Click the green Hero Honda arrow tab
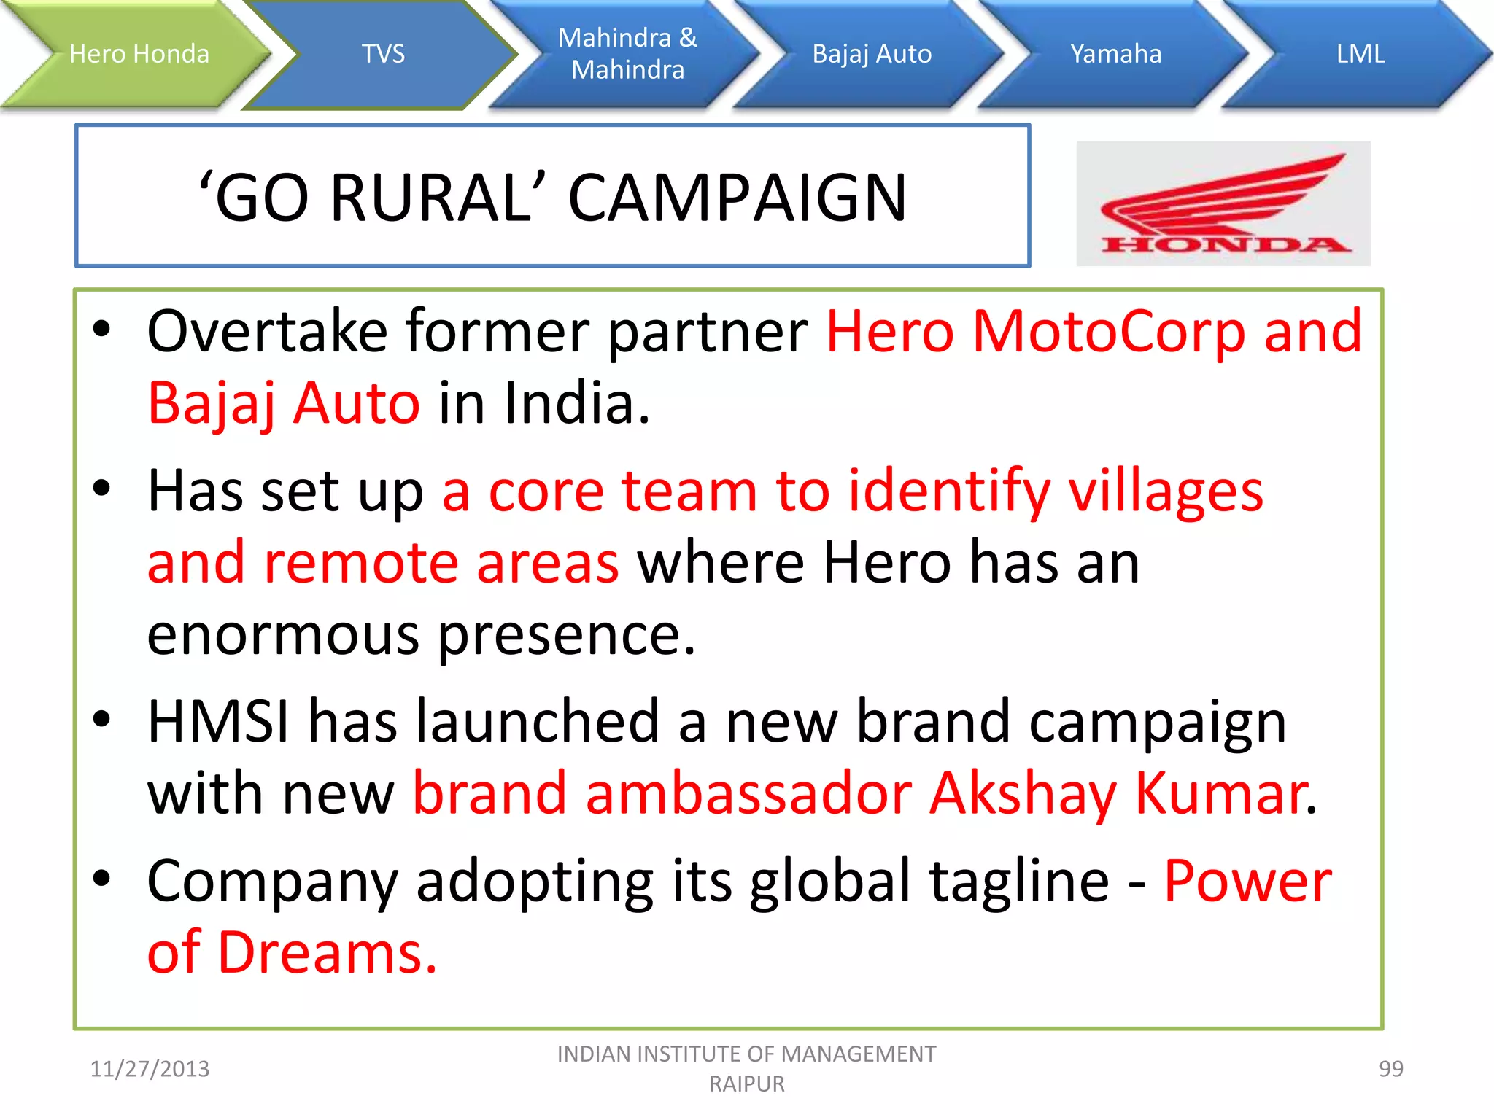139,54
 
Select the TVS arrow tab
383,54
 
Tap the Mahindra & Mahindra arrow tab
627,54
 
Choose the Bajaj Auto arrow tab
872,54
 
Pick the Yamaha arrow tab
1115,54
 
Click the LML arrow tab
1360,54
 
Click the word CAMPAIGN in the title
737,198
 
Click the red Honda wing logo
1223,203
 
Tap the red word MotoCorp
1108,332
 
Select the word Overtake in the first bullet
267,332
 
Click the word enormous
283,635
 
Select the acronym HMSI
218,722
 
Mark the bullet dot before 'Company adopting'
102,878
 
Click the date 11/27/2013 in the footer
150,1069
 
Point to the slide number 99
1390,1069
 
